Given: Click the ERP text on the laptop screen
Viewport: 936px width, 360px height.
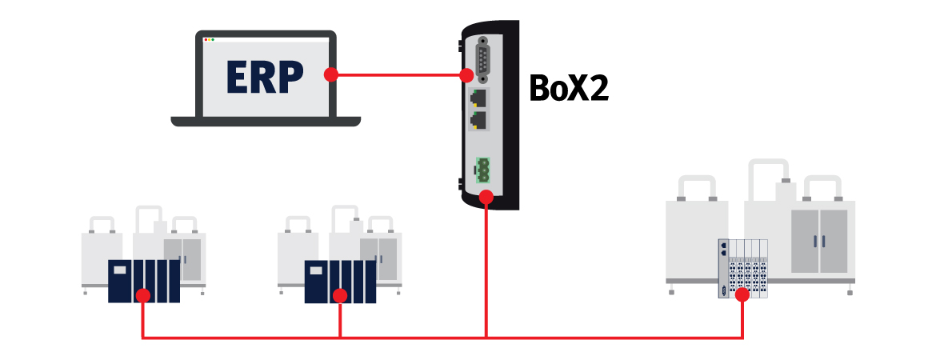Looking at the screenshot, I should click(x=265, y=77).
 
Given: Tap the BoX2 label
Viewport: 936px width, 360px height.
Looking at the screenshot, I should click(x=569, y=88).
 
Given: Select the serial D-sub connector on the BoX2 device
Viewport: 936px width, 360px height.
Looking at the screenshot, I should click(x=484, y=60).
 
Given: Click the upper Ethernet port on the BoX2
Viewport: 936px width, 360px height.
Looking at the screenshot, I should click(x=480, y=100).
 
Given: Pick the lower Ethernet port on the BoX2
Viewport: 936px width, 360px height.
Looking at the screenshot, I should click(x=480, y=122).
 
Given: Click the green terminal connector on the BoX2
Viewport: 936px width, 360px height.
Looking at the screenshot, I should click(x=483, y=170).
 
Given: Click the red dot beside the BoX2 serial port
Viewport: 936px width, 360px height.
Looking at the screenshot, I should click(x=466, y=75).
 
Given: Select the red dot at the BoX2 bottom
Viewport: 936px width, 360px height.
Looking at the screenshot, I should click(x=486, y=196).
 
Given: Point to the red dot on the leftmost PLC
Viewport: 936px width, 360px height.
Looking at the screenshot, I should click(x=143, y=296).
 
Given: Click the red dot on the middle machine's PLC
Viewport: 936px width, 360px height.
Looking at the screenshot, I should click(x=340, y=296).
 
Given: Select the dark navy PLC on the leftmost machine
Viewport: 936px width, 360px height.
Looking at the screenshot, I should click(x=144, y=280).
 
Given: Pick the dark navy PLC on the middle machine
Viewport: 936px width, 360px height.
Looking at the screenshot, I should click(x=340, y=280).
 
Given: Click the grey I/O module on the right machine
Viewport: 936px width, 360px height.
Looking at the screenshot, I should click(x=743, y=269).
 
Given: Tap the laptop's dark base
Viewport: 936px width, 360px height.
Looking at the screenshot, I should click(x=266, y=122).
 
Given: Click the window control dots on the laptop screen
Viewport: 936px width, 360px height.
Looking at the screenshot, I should click(x=210, y=39).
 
